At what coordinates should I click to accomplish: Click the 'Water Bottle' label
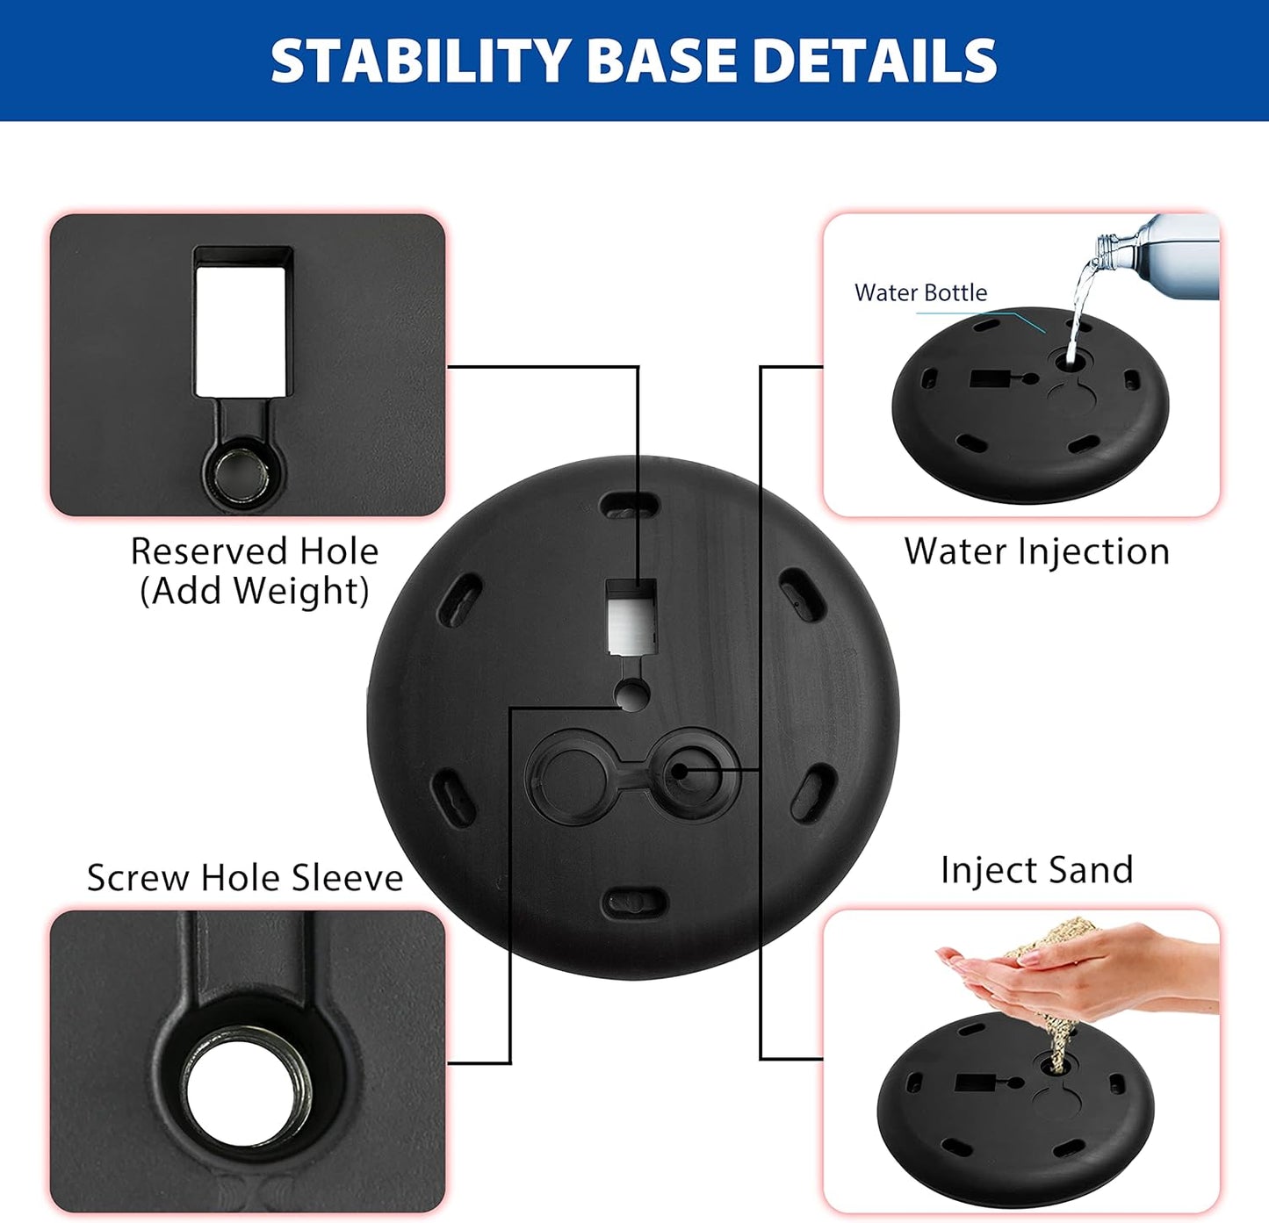click(920, 292)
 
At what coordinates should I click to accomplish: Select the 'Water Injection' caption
click(1036, 551)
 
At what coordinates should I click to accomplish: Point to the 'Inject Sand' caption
click(1036, 870)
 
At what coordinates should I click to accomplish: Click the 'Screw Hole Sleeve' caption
click(245, 878)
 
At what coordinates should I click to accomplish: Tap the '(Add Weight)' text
click(254, 591)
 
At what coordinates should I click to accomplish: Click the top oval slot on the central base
click(630, 507)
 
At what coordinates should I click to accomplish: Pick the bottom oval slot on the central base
click(634, 902)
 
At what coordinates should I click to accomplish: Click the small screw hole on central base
click(631, 695)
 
